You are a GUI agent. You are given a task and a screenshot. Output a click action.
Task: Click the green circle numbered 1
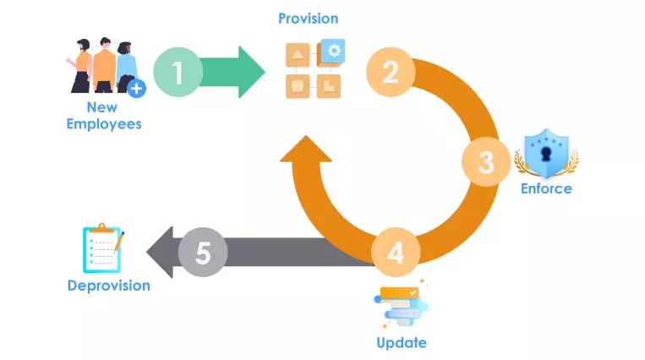[x=178, y=73]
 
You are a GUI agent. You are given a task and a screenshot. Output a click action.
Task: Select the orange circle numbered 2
[x=391, y=73]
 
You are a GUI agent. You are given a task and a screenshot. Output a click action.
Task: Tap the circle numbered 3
[x=486, y=161]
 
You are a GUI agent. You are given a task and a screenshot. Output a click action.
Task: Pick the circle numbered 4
[x=396, y=252]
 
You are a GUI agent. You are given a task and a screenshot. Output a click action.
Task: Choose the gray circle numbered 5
[x=203, y=252]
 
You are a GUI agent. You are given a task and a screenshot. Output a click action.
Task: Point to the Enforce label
[x=545, y=188]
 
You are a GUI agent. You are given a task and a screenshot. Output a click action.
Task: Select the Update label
[x=402, y=343]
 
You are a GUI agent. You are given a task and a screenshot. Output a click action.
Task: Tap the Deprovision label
[x=109, y=286]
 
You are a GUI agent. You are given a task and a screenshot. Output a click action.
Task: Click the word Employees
[x=103, y=124]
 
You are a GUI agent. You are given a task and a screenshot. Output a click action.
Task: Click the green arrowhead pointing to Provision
[x=251, y=73]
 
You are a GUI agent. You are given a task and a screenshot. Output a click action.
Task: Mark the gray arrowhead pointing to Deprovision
[x=160, y=252]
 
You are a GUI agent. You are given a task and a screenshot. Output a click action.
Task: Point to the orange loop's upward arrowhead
[x=305, y=155]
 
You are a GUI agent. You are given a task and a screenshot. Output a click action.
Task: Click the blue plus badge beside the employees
[x=136, y=86]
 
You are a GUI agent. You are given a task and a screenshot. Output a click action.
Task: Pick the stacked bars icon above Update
[x=401, y=306]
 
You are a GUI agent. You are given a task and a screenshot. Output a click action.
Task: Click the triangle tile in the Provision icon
[x=298, y=57]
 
